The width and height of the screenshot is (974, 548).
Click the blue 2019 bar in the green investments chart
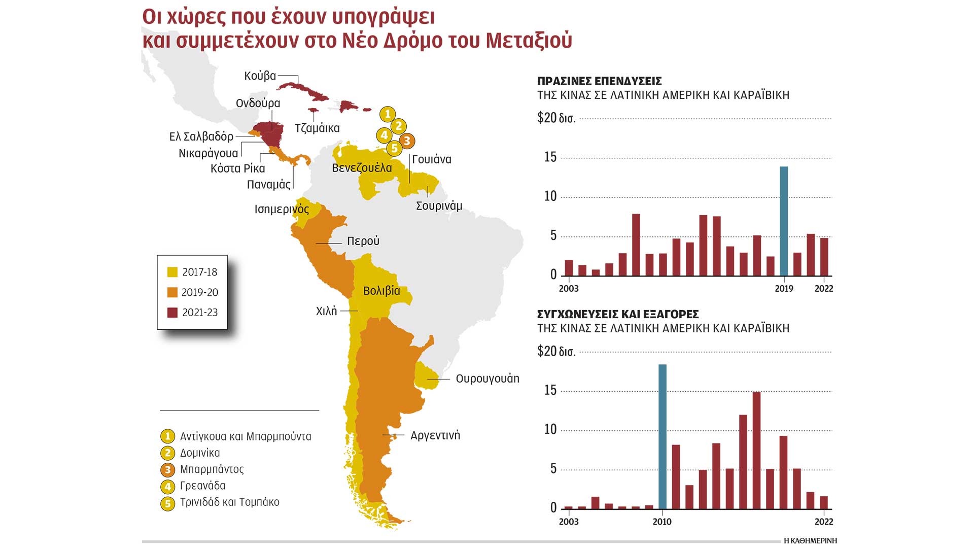pyautogui.click(x=784, y=221)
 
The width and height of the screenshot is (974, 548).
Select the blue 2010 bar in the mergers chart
pyautogui.click(x=662, y=436)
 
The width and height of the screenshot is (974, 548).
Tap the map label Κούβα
pyautogui.click(x=260, y=76)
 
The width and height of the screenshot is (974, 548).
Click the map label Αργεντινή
pyautogui.click(x=435, y=435)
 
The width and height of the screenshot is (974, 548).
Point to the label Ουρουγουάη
pyautogui.click(x=488, y=379)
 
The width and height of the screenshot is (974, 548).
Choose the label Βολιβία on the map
pyautogui.click(x=381, y=291)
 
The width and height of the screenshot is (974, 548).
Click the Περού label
pyautogui.click(x=363, y=241)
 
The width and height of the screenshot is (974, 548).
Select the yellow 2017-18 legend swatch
pyautogui.click(x=172, y=272)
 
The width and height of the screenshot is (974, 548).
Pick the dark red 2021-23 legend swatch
pyautogui.click(x=172, y=313)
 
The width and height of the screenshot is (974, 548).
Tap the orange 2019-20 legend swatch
pyautogui.click(x=172, y=292)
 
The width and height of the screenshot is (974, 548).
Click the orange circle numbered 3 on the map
pyautogui.click(x=407, y=141)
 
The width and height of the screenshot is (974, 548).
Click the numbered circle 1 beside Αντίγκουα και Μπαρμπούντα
pyautogui.click(x=167, y=436)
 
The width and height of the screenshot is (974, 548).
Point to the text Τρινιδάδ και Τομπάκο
pyautogui.click(x=230, y=502)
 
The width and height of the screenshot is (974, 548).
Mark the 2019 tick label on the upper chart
pyautogui.click(x=784, y=289)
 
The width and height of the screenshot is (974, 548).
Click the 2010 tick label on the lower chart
pyautogui.click(x=662, y=522)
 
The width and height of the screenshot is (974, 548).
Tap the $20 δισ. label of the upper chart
pyautogui.click(x=556, y=118)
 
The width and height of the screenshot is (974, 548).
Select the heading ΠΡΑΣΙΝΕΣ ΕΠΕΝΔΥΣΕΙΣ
pyautogui.click(x=599, y=81)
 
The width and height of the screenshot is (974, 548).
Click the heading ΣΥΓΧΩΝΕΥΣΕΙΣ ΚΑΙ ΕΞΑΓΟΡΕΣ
pyautogui.click(x=618, y=314)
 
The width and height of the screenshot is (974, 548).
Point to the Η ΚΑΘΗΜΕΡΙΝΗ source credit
pyautogui.click(x=810, y=541)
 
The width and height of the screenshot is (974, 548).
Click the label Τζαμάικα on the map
pyautogui.click(x=317, y=128)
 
